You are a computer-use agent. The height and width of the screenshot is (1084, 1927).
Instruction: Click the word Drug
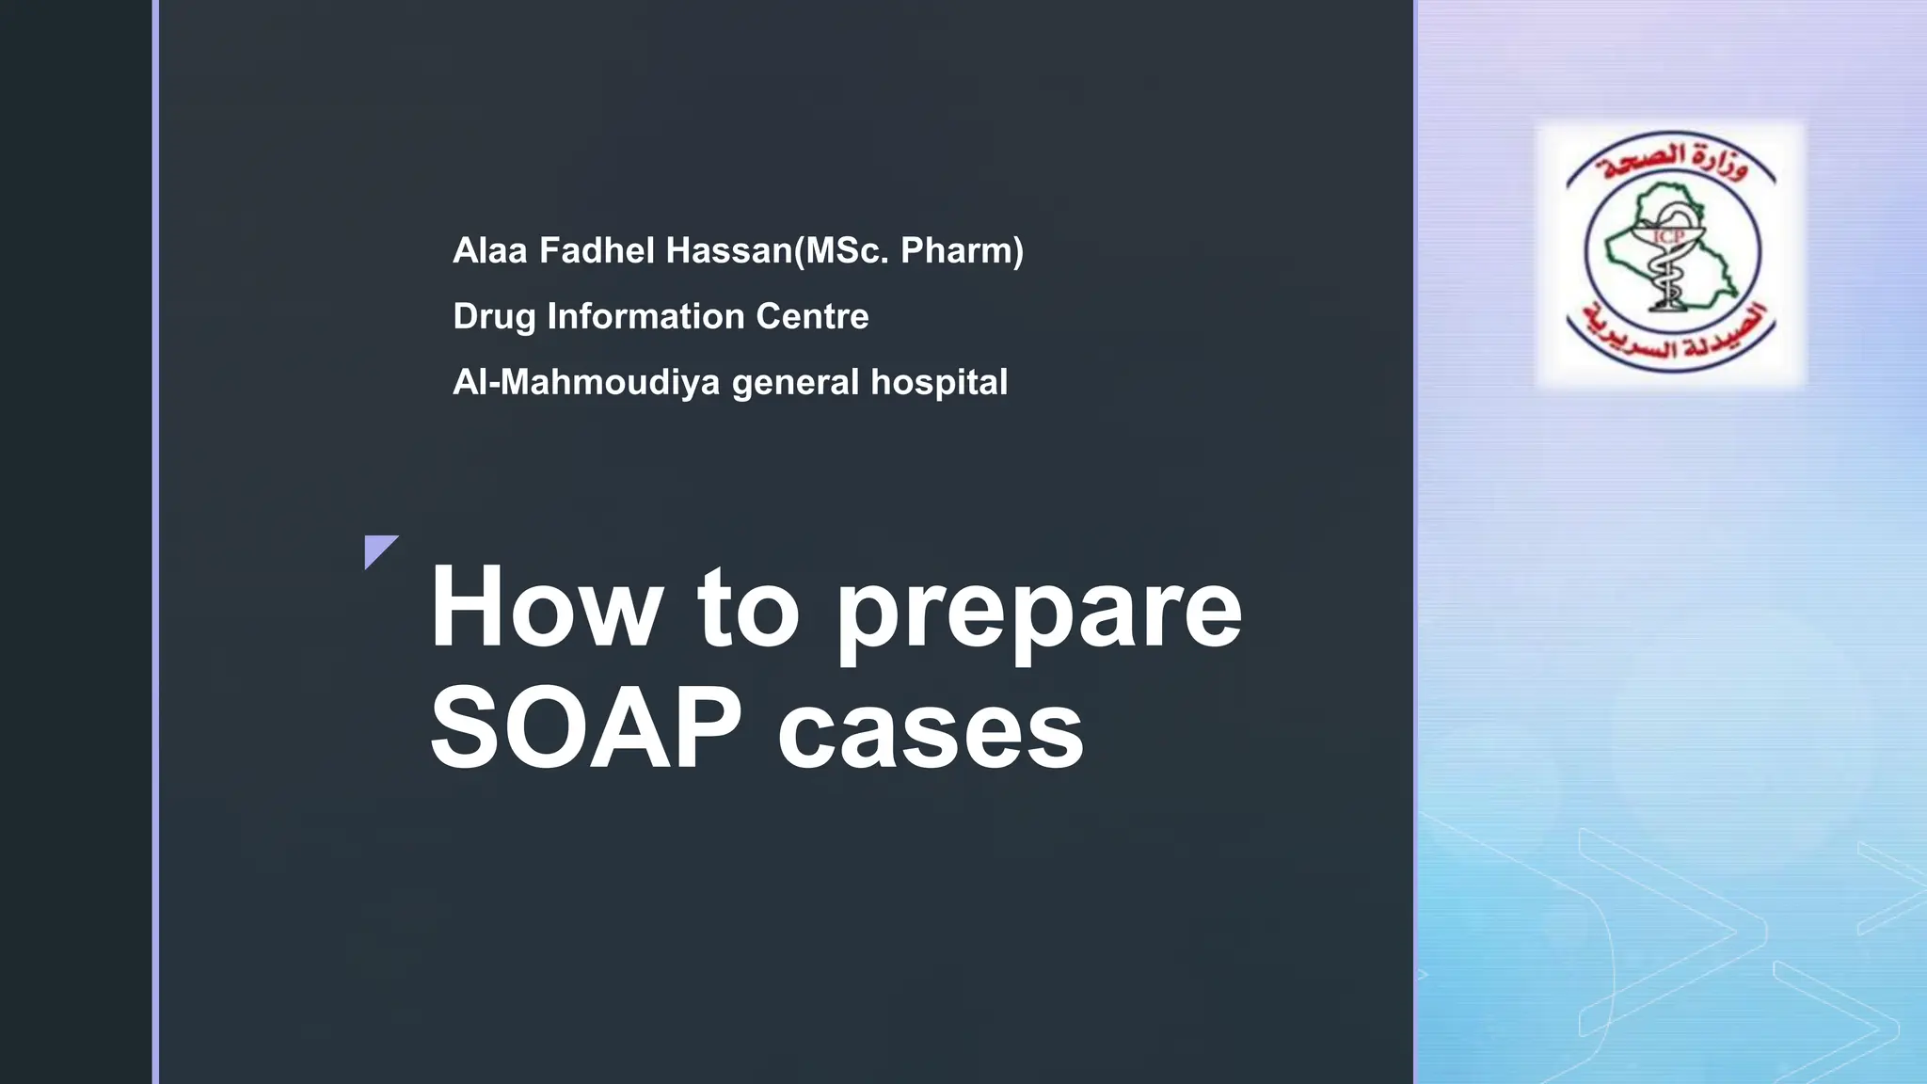pyautogui.click(x=494, y=317)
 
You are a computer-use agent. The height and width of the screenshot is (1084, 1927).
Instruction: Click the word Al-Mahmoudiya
pyautogui.click(x=586, y=382)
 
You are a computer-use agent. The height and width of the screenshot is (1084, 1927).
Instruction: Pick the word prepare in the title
pyautogui.click(x=1039, y=614)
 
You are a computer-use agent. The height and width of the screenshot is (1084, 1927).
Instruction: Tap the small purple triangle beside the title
pyautogui.click(x=378, y=549)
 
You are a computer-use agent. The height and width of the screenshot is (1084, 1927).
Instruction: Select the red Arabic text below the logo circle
pyautogui.click(x=1672, y=337)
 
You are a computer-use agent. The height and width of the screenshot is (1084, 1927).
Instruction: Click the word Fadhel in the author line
pyautogui.click(x=596, y=250)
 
